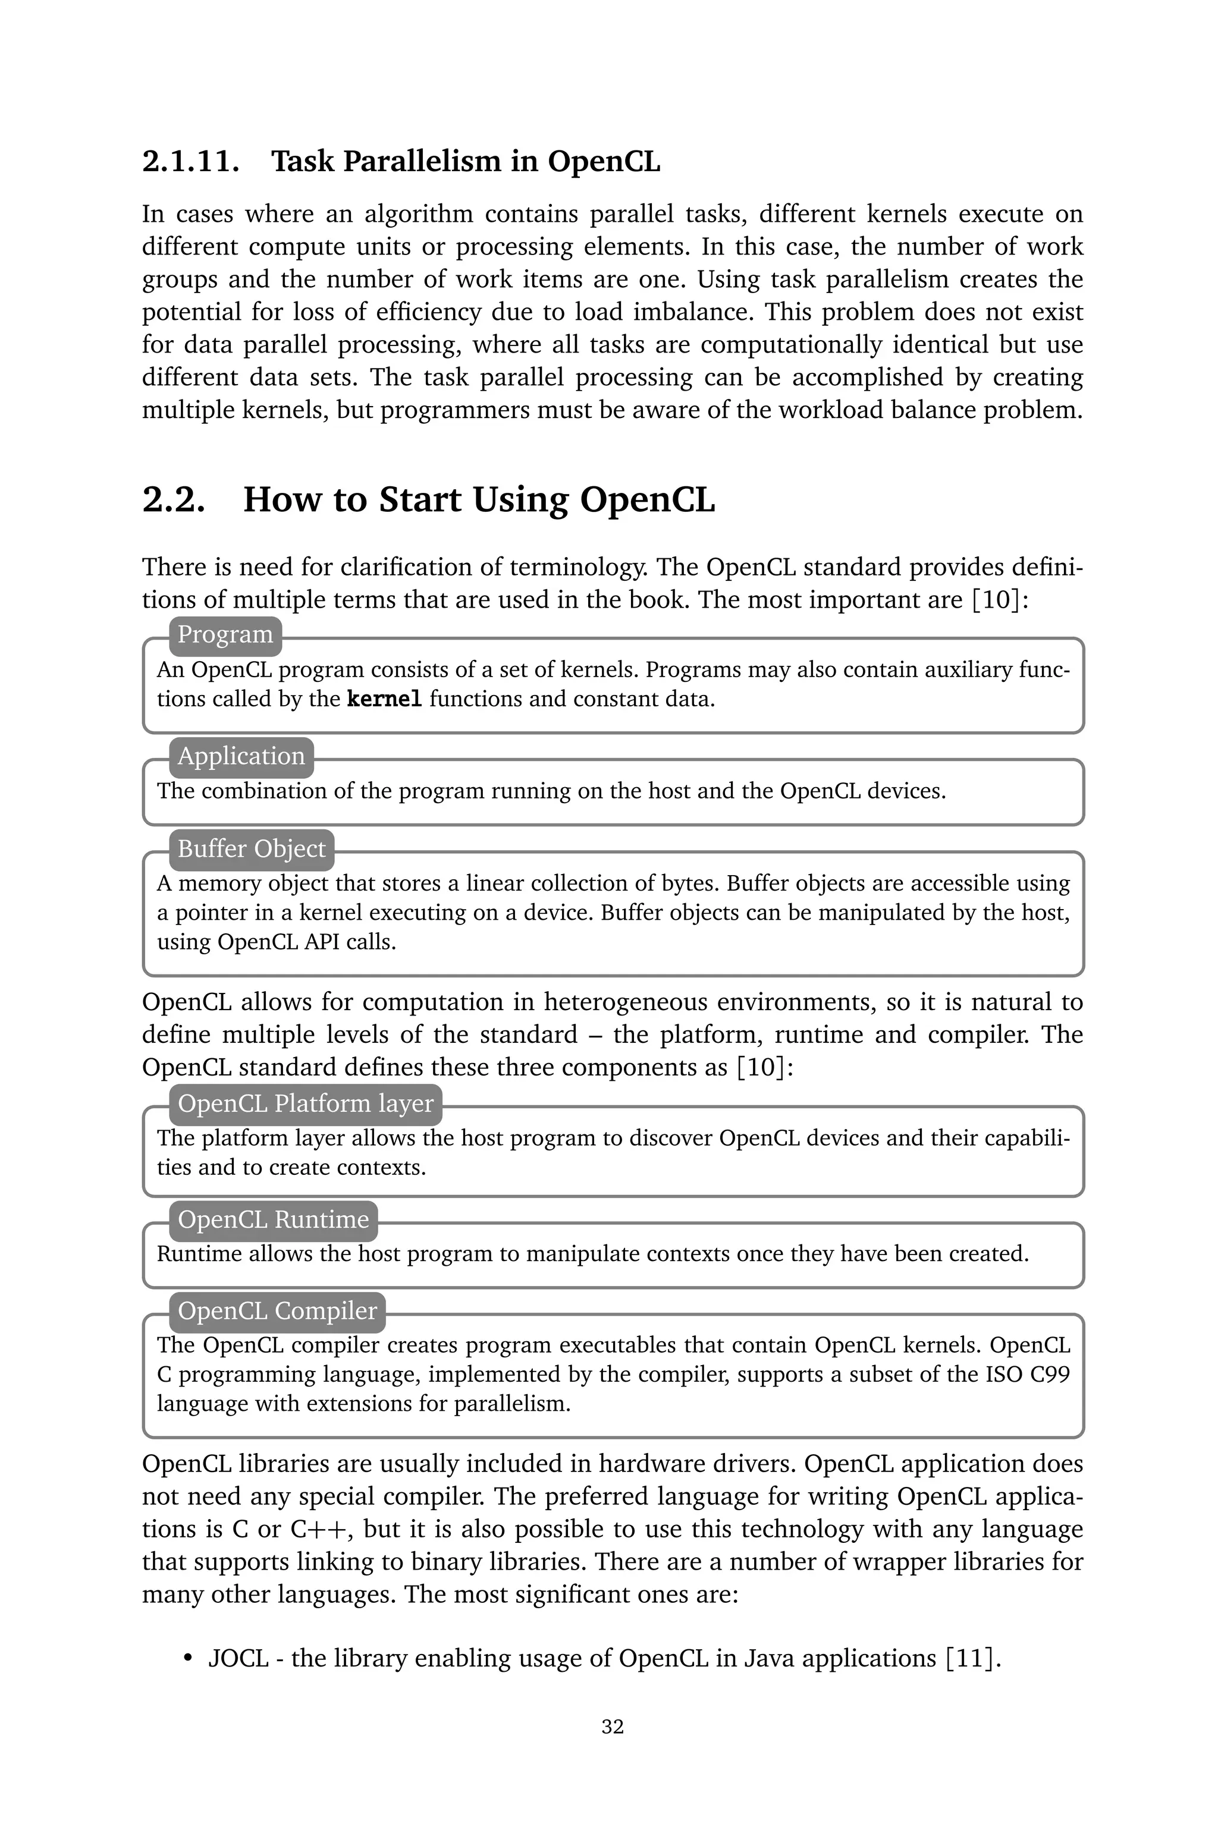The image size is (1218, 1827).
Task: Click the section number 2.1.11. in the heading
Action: (190, 162)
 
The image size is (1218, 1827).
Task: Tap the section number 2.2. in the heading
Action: (174, 499)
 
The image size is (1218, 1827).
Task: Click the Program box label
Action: (225, 634)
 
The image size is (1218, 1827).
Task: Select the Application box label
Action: (241, 756)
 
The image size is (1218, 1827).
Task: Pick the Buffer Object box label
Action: (252, 848)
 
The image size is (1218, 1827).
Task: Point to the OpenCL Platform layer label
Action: (305, 1103)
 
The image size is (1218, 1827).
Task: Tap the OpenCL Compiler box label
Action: (277, 1311)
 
